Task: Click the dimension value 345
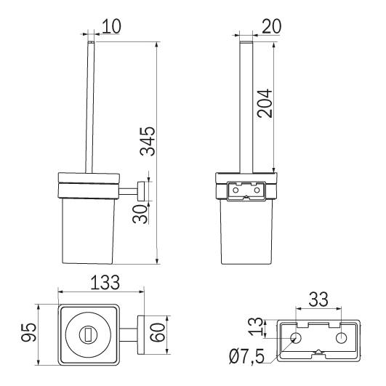click(x=148, y=141)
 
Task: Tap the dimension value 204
click(x=265, y=103)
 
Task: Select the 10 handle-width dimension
click(x=111, y=26)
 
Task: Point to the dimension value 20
click(x=272, y=26)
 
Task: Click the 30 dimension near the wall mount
click(x=140, y=214)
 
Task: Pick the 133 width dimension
click(x=105, y=282)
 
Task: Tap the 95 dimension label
click(x=29, y=332)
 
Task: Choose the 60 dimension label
click(x=158, y=332)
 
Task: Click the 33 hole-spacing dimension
click(x=318, y=299)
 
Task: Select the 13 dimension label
click(x=256, y=327)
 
